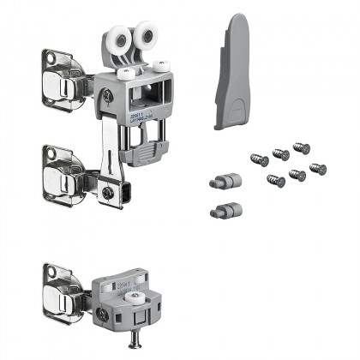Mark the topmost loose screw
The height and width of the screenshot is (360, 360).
tap(303, 148)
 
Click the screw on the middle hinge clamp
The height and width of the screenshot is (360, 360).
tap(108, 193)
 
